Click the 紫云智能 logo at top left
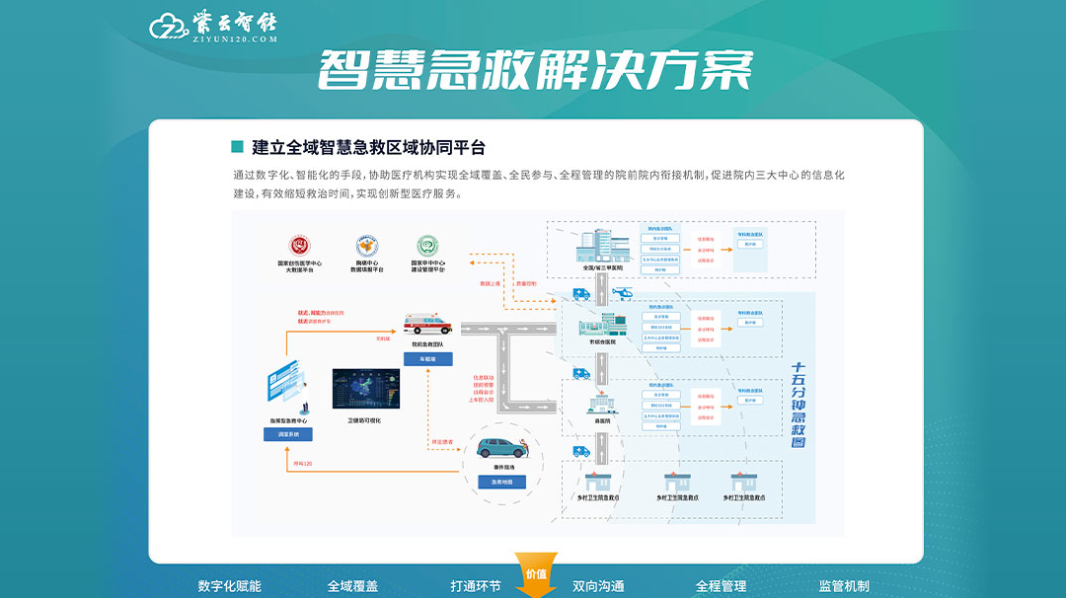[x=213, y=28]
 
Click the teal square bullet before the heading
[x=237, y=147]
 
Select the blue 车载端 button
[x=427, y=358]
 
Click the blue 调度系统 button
[x=288, y=434]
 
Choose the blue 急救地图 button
[x=501, y=482]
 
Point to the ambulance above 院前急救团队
[x=426, y=323]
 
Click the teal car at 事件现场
[x=506, y=449]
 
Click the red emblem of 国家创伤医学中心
[x=298, y=245]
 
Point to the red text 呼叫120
[x=303, y=462]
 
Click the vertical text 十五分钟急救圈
[x=800, y=405]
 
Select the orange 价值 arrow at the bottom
[x=536, y=576]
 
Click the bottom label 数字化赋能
[x=230, y=586]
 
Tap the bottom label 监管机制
[x=844, y=586]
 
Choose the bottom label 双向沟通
[x=598, y=586]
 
